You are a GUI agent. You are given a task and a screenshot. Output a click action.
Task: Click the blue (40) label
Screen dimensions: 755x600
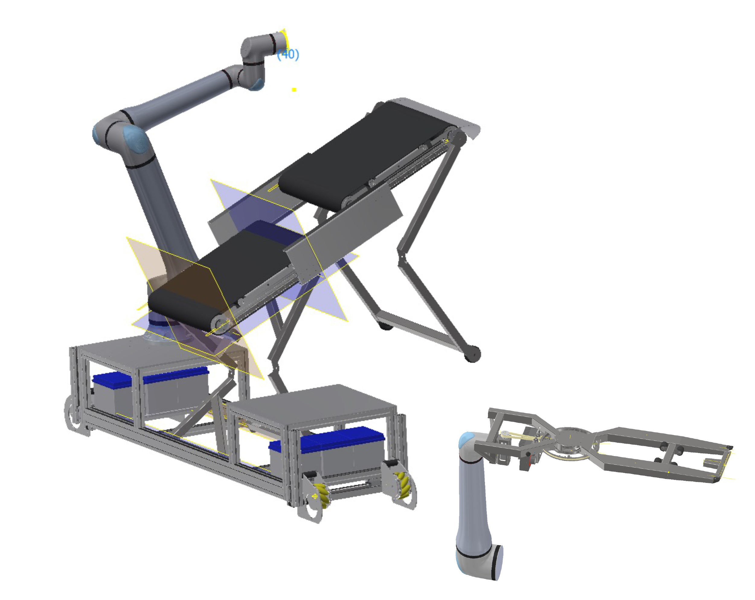(288, 54)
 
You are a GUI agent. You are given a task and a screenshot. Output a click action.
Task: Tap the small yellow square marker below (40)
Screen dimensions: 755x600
(294, 90)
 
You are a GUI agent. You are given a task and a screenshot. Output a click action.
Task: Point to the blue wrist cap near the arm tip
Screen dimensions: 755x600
(257, 84)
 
